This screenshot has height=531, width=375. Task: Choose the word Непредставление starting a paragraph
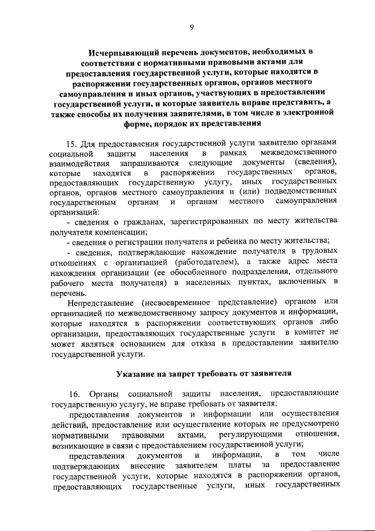(100, 302)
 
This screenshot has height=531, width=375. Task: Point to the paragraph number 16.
(73, 393)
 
